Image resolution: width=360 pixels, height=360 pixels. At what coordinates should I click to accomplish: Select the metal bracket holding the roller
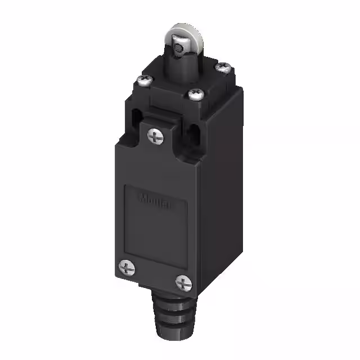[176, 53]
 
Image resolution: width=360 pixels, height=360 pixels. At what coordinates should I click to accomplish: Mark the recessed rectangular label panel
[154, 219]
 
